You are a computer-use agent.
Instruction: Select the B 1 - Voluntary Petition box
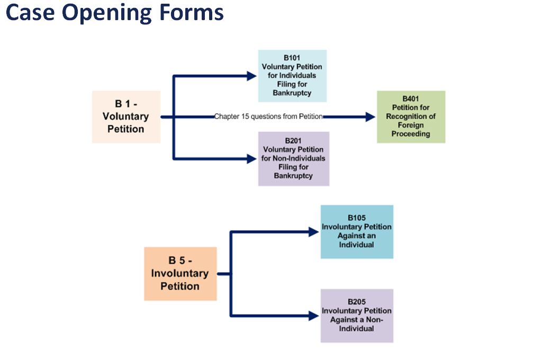(x=127, y=116)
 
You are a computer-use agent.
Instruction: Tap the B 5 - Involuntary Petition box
(x=181, y=273)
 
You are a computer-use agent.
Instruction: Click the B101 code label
(x=292, y=58)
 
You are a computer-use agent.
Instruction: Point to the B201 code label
(x=293, y=140)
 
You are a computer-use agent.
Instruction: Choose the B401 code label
(x=411, y=98)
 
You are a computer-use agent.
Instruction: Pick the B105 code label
(x=356, y=218)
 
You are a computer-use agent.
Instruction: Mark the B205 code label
(x=356, y=302)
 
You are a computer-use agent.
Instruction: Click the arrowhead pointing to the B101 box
(x=252, y=76)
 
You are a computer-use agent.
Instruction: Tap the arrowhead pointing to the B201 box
(x=252, y=159)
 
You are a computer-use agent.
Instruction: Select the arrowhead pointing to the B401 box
(x=370, y=116)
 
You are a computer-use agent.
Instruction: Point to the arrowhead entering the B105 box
(x=314, y=232)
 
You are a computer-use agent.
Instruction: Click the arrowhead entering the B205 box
(x=314, y=316)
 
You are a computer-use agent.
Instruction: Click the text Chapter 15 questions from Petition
(x=268, y=116)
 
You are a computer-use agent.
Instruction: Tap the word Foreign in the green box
(x=411, y=125)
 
